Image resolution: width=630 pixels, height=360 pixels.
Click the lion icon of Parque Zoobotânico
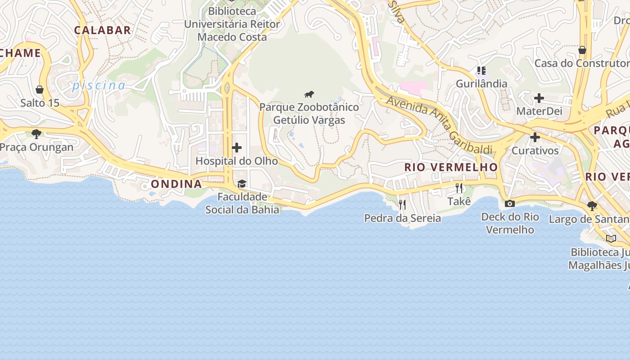[309, 94]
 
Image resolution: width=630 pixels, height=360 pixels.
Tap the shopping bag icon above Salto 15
[40, 90]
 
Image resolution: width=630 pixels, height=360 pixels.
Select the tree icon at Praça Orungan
[36, 134]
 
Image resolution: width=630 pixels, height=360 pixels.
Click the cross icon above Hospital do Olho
[237, 148]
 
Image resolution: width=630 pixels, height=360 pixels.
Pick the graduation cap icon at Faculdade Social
[242, 184]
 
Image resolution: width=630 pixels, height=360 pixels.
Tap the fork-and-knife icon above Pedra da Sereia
[402, 205]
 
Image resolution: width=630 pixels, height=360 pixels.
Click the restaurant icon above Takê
[459, 188]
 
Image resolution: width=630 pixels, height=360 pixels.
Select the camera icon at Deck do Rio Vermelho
[510, 203]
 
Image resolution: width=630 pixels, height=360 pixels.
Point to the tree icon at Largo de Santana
[592, 206]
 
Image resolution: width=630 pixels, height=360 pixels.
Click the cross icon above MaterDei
[539, 98]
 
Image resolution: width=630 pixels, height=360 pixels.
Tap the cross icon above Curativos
[535, 137]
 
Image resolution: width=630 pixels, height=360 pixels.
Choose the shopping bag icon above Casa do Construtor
[582, 49]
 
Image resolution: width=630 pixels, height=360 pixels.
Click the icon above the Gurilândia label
[481, 71]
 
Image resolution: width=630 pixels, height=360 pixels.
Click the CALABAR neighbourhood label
[103, 30]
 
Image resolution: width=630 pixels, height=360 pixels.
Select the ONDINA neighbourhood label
[176, 184]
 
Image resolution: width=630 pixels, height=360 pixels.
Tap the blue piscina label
[99, 85]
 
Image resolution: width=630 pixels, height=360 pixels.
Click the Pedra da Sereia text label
[402, 218]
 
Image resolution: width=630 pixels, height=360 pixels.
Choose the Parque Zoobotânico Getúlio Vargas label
[309, 113]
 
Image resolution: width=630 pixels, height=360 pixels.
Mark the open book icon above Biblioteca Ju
[611, 238]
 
